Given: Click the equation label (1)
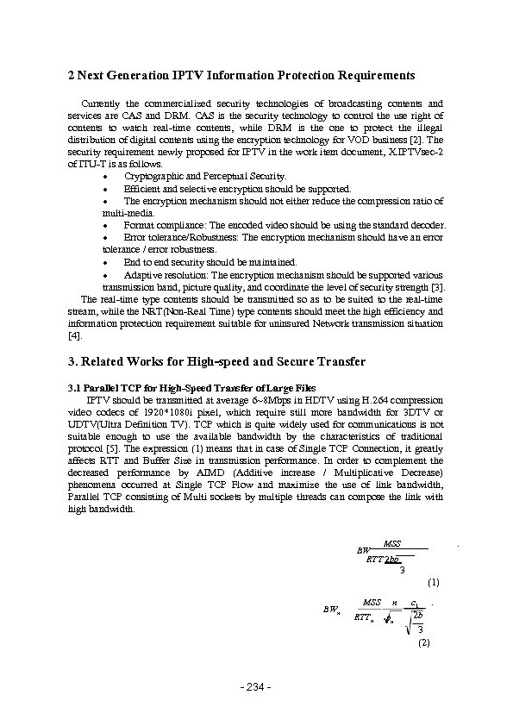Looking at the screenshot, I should pyautogui.click(x=434, y=582).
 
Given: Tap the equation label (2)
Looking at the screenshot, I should pyautogui.click(x=423, y=642).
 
